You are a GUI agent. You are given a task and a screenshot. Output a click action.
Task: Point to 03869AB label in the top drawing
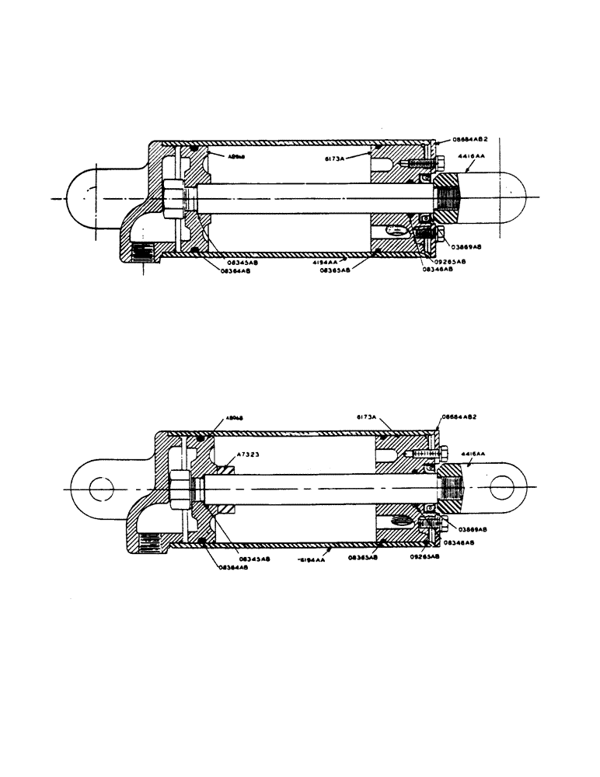pos(466,246)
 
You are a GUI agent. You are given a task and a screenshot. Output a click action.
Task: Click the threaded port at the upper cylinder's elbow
pos(142,253)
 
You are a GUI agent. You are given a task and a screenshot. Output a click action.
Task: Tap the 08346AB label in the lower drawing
pos(460,543)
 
